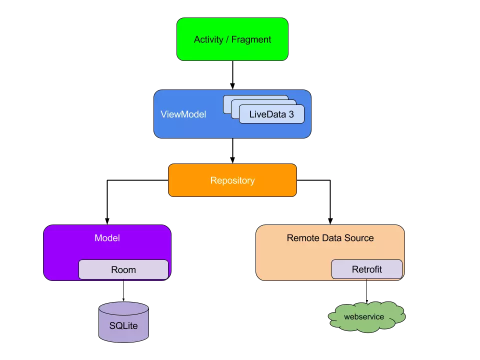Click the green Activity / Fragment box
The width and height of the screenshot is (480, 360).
point(232,39)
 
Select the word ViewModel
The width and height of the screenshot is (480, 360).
point(183,114)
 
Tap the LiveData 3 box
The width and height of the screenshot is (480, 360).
point(271,114)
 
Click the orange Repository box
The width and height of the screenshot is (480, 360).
point(232,180)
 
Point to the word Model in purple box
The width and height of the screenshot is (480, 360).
point(107,238)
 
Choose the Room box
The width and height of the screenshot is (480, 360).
point(123,270)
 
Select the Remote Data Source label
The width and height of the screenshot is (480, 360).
point(330,238)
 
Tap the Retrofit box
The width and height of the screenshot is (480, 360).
point(366,269)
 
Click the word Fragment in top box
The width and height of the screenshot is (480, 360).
point(251,39)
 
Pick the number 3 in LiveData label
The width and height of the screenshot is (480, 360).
point(291,114)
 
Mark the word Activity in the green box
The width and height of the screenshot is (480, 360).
point(208,39)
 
